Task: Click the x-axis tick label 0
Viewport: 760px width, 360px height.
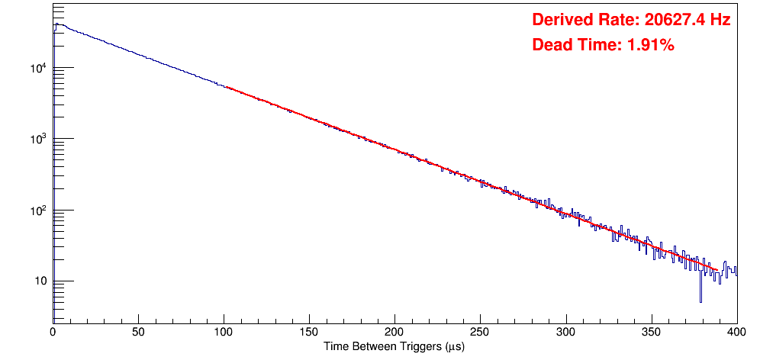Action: (53, 333)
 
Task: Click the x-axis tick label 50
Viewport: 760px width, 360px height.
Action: (138, 333)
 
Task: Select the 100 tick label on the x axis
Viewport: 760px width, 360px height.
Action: (224, 333)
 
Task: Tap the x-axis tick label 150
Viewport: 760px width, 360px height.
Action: (309, 333)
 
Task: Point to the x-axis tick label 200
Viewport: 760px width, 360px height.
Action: (394, 333)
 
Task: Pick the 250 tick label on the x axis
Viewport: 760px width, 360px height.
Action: (480, 333)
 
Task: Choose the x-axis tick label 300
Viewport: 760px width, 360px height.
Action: (565, 333)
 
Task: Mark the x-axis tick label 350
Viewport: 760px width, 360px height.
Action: (651, 333)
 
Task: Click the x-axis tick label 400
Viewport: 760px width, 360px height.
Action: (735, 333)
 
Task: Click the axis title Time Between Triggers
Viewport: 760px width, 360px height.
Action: (394, 346)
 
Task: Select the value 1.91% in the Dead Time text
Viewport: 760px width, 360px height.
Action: (650, 46)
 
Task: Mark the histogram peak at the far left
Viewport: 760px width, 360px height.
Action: (56, 24)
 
